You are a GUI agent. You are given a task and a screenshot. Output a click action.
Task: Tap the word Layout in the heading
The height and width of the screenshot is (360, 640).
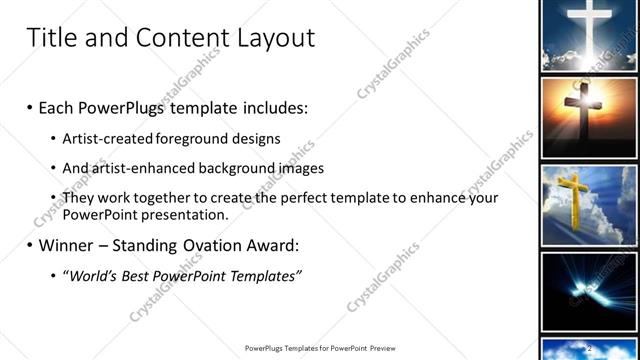277,39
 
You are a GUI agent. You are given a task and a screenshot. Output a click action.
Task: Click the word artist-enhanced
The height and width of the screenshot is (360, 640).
152,168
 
